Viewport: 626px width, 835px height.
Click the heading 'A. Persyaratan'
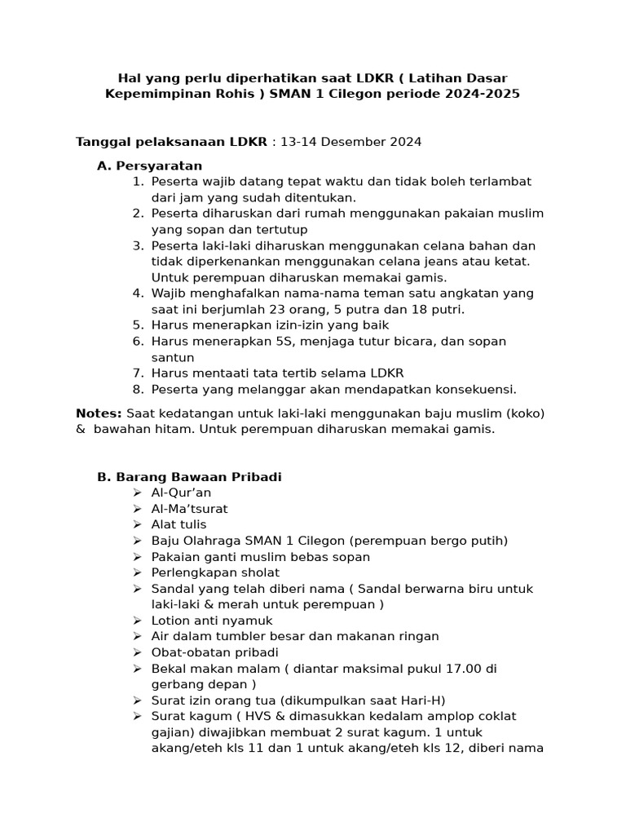click(149, 166)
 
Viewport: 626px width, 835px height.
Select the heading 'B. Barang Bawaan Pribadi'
click(189, 477)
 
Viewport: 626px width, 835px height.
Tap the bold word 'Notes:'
click(99, 413)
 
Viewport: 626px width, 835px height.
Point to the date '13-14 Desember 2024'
click(351, 142)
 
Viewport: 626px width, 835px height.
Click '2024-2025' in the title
click(482, 94)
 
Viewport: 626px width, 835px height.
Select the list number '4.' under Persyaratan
click(138, 294)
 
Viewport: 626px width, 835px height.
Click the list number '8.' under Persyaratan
click(138, 389)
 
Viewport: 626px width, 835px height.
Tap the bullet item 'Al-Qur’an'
click(181, 493)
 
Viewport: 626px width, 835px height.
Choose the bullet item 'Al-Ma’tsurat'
click(189, 509)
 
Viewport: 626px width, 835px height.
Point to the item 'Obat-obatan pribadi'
click(214, 652)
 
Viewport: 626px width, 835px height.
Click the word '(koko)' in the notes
click(525, 413)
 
